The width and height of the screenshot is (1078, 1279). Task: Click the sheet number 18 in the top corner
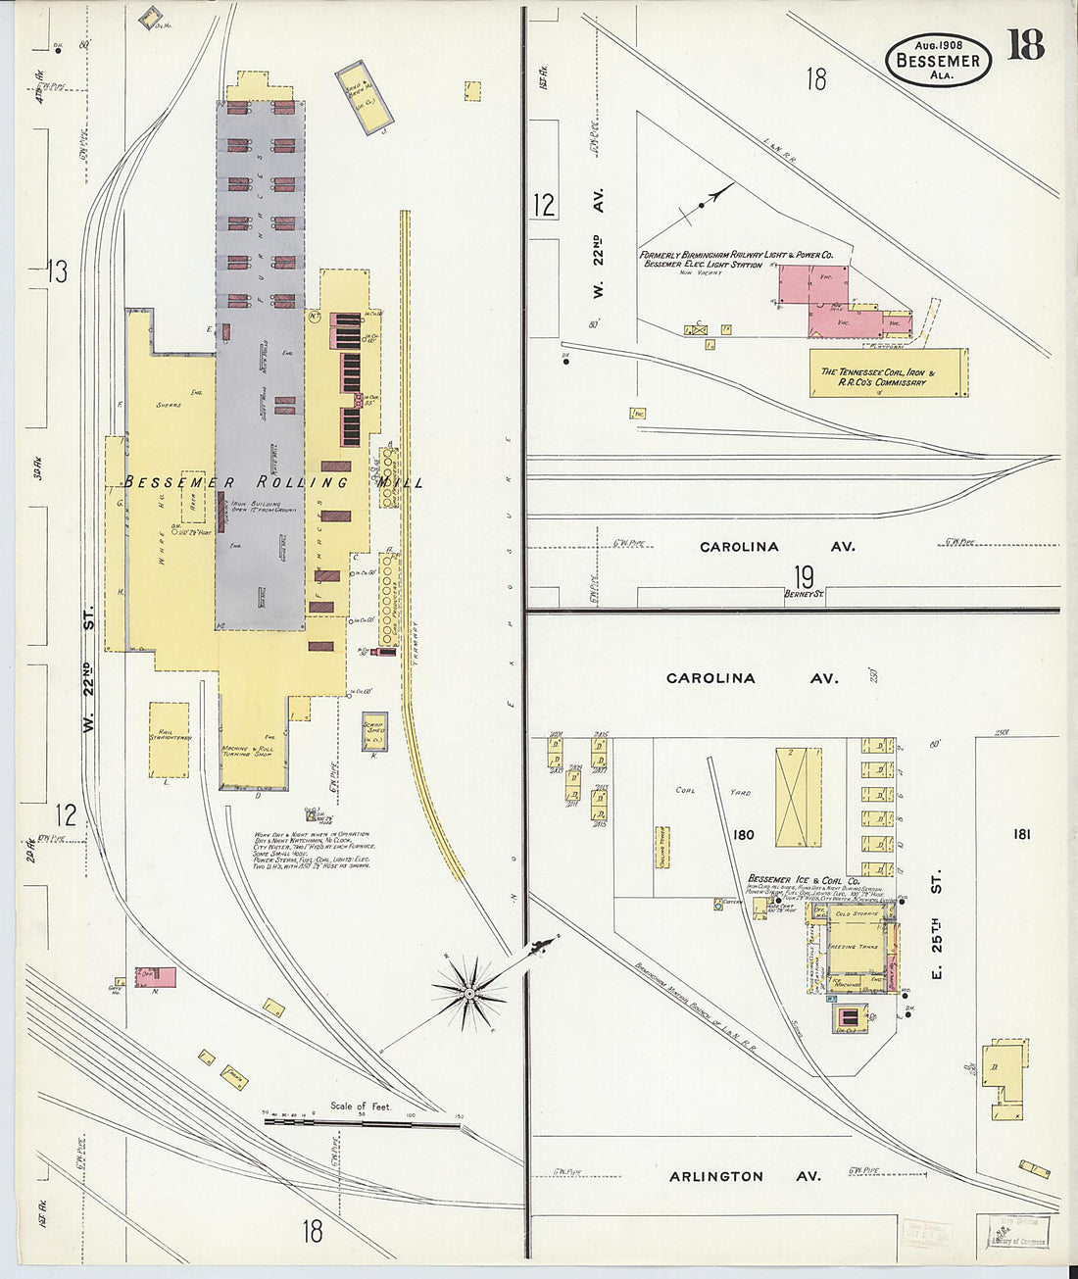click(x=1025, y=45)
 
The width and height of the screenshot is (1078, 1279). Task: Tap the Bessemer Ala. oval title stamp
click(x=938, y=60)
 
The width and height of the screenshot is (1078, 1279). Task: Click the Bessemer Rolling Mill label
click(x=273, y=482)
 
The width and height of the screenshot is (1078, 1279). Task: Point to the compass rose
click(x=469, y=995)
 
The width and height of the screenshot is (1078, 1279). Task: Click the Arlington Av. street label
click(x=745, y=1176)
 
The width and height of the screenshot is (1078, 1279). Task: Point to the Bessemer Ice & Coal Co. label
click(x=804, y=879)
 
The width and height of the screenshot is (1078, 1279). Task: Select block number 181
click(x=1022, y=834)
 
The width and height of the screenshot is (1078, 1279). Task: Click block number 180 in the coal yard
click(x=743, y=835)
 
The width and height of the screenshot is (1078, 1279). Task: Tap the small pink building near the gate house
click(x=156, y=976)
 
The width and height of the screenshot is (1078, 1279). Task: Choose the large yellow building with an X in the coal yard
click(x=799, y=797)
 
